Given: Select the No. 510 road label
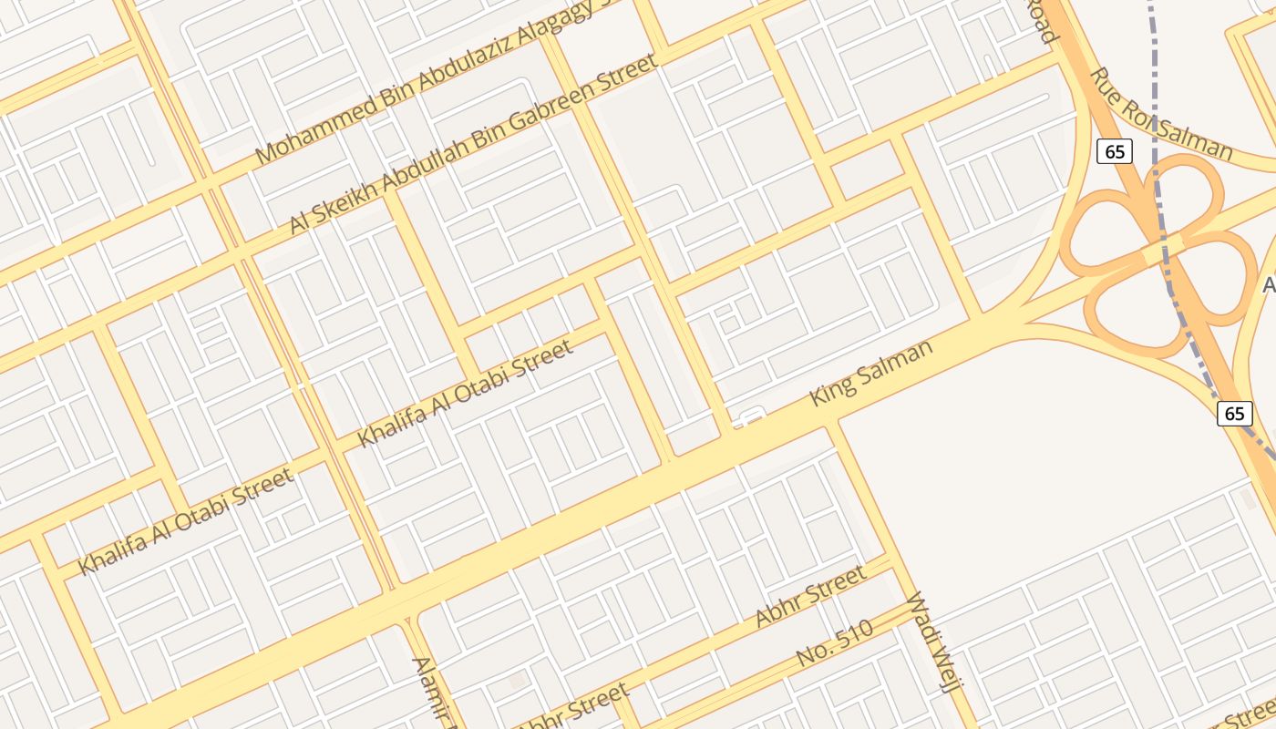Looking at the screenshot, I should (834, 642).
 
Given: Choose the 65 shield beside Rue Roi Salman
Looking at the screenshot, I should (1115, 151).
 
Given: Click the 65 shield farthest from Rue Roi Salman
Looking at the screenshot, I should (1234, 413).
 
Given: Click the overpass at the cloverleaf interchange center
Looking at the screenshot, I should (1161, 249).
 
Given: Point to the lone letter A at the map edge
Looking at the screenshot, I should (1269, 285).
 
